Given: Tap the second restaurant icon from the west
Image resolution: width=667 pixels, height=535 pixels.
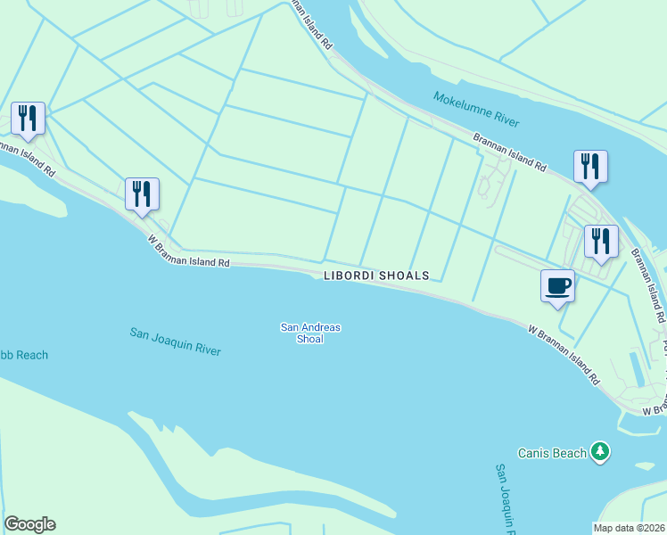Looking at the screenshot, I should (x=142, y=193).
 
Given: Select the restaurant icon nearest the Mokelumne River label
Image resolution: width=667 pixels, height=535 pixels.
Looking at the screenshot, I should (x=590, y=166).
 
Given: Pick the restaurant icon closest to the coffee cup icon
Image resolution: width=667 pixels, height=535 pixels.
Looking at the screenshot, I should (x=601, y=241).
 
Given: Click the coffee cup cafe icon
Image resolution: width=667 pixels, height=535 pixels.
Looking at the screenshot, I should (x=557, y=286).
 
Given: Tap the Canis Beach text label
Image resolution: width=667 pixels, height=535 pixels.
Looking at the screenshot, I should (x=553, y=453).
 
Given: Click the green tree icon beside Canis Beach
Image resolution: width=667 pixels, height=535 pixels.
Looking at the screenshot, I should (x=602, y=453).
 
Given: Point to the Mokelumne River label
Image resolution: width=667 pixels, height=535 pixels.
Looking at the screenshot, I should (x=476, y=109).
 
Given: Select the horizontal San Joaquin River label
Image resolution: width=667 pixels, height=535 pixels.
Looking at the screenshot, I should (x=175, y=342).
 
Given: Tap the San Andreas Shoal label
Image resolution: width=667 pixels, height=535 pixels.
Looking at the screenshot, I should (x=310, y=333).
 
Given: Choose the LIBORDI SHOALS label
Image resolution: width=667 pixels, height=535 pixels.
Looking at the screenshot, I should (x=376, y=276).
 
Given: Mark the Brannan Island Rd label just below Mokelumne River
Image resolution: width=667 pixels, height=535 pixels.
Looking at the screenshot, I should (x=509, y=152).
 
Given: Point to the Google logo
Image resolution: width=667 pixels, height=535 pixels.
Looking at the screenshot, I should (x=29, y=524).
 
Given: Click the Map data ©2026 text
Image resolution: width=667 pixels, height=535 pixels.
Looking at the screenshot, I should (x=630, y=527).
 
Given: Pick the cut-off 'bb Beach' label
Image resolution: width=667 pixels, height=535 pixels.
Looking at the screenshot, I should (x=24, y=355).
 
